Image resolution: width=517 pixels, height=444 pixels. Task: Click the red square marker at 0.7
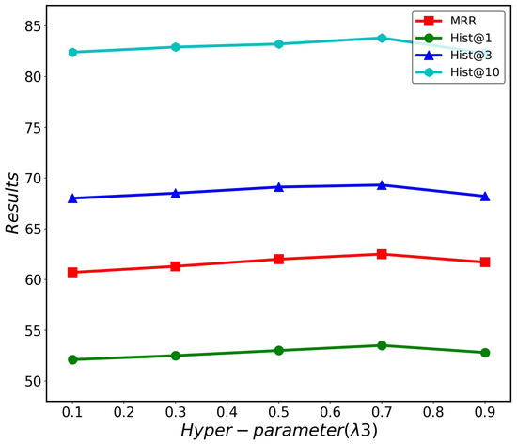[x=382, y=254]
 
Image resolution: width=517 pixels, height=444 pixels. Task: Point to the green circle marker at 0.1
[x=72, y=359]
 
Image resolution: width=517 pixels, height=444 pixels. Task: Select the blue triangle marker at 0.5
[x=278, y=187]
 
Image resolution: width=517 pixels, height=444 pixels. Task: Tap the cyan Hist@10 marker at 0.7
[x=382, y=38]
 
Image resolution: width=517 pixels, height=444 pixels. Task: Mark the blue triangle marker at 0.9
[x=485, y=197]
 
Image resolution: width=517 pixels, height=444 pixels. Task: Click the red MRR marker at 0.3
[x=176, y=266]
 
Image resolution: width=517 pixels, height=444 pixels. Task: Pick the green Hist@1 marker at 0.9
[x=485, y=353]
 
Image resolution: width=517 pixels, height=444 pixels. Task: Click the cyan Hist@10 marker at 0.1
[x=72, y=52]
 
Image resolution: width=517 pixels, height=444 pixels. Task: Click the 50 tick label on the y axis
[x=29, y=382]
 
